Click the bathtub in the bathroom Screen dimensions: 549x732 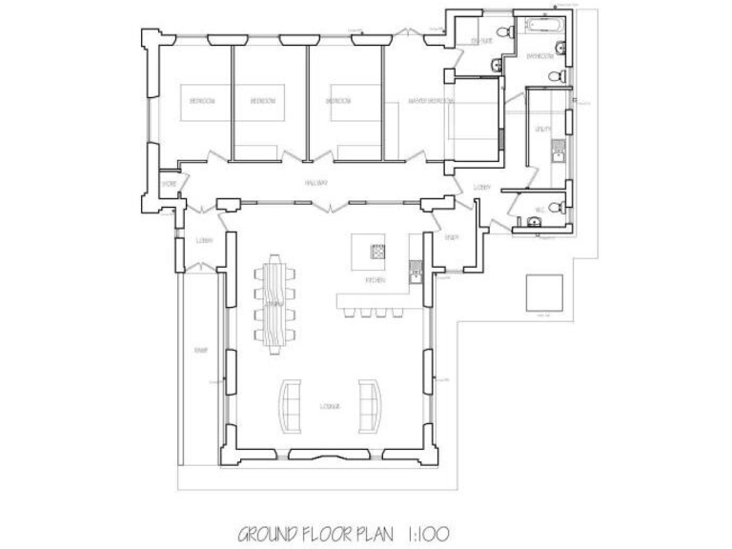(540, 24)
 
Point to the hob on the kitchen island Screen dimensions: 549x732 (378, 253)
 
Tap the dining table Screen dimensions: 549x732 (275, 302)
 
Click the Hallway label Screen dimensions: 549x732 (315, 183)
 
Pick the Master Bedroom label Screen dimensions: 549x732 (430, 100)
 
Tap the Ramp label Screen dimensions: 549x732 (201, 351)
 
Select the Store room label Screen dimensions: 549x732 (168, 183)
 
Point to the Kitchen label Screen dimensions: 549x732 (376, 281)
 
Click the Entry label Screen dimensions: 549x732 (451, 235)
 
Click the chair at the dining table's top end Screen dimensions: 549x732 (275, 257)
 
